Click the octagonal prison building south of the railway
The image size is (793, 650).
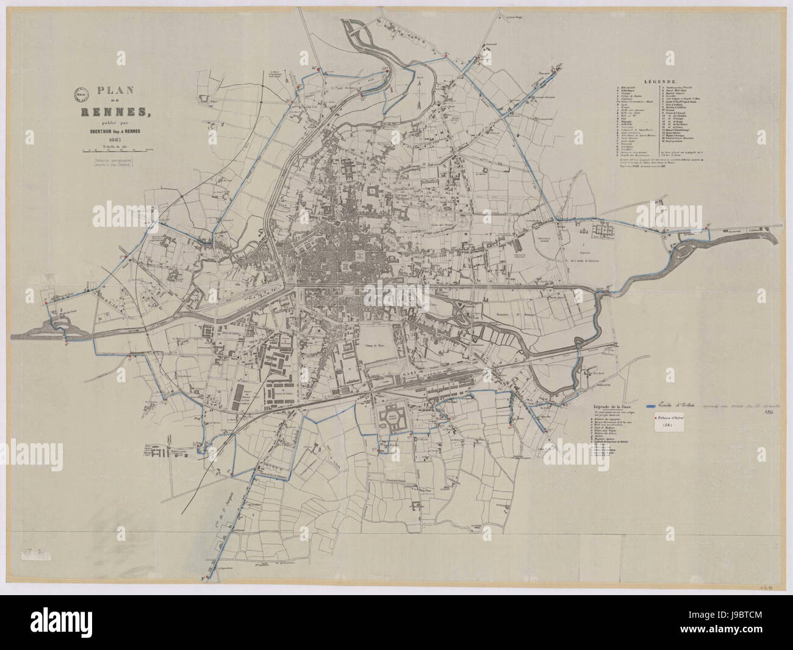coord(393,419)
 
